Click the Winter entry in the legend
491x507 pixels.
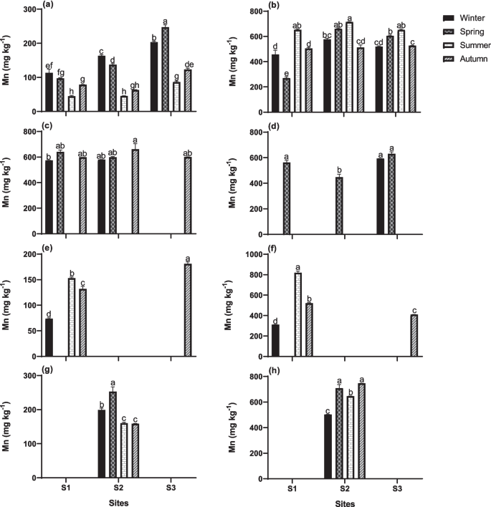coord(459,16)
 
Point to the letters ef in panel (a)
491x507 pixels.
coord(49,65)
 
